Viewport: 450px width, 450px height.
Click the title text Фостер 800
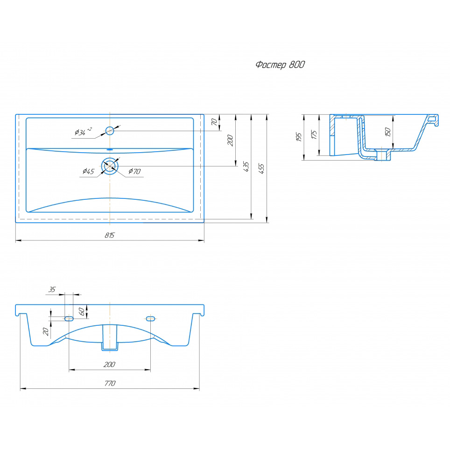[280, 64]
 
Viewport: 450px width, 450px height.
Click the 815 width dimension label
[109, 235]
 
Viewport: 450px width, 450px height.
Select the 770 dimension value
[110, 383]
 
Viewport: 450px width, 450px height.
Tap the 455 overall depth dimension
[261, 169]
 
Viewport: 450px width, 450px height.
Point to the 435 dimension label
[246, 167]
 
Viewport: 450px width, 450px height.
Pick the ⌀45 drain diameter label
[88, 171]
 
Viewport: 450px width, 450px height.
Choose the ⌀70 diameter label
[134, 171]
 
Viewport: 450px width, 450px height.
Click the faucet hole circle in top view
[110, 131]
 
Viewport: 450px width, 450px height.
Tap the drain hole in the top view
[110, 166]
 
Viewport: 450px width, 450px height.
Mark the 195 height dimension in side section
[299, 137]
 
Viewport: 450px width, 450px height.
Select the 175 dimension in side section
[314, 134]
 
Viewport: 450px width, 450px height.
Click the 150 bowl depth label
[388, 132]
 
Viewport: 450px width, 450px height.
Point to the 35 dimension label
[52, 289]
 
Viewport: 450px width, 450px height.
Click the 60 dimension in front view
[82, 311]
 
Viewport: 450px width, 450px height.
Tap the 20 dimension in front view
[46, 331]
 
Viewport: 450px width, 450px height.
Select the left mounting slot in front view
[69, 318]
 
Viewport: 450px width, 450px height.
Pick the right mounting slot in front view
[151, 318]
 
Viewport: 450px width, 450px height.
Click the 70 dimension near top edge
[214, 122]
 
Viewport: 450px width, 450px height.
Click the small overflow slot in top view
[110, 149]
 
